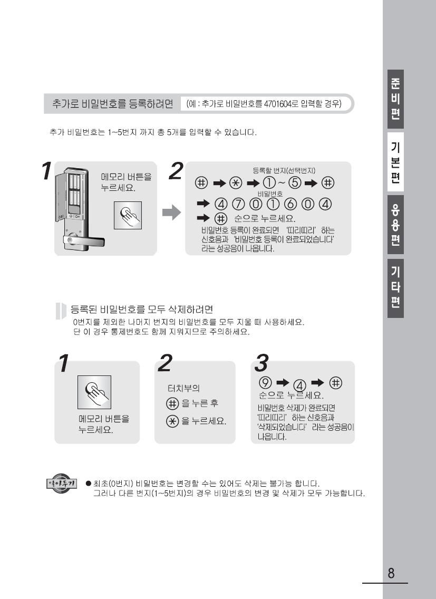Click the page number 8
tap(391, 573)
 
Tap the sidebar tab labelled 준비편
tap(395, 99)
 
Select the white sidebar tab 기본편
tap(395, 162)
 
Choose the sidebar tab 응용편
tap(395, 225)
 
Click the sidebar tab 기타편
tap(395, 288)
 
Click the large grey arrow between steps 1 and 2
tap(171, 212)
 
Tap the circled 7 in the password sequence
tap(238, 205)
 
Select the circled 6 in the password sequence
tap(290, 205)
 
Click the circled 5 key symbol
tap(295, 183)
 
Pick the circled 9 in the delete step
tap(265, 382)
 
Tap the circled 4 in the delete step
tap(300, 385)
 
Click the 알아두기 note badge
tap(62, 484)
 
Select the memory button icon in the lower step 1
tap(94, 392)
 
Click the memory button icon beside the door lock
tap(128, 216)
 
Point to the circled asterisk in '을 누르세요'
tap(173, 421)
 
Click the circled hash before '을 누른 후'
tap(173, 403)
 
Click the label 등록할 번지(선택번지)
tap(284, 170)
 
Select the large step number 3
tap(261, 363)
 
